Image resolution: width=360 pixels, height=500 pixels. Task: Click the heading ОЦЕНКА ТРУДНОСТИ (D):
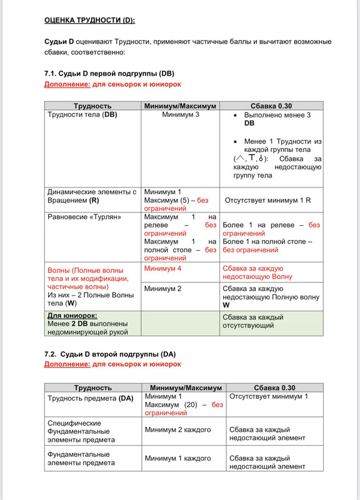click(x=89, y=20)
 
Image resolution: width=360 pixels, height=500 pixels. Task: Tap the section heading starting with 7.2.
click(x=106, y=354)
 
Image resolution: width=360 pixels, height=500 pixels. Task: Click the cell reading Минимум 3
click(x=180, y=115)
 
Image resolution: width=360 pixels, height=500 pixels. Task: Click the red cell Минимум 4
click(x=162, y=268)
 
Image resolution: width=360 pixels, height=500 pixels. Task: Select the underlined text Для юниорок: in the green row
click(x=72, y=316)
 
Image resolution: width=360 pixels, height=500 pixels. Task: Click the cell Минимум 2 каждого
click(x=177, y=430)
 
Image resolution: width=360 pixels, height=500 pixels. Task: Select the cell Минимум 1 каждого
click(x=177, y=458)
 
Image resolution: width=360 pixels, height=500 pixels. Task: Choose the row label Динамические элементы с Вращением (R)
click(x=92, y=196)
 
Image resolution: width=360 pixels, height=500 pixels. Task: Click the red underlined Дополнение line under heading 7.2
click(x=112, y=364)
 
